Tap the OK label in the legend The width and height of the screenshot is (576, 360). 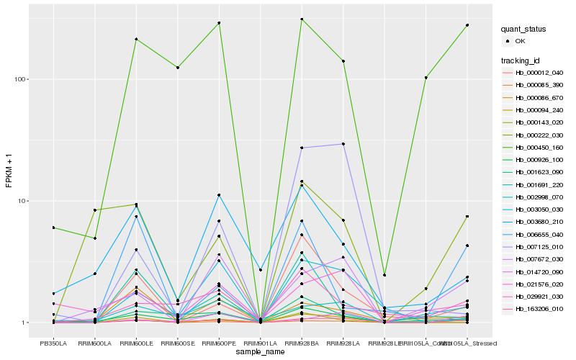(x=521, y=41)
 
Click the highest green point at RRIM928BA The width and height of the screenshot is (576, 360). (x=302, y=19)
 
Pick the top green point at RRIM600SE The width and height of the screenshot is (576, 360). (x=177, y=68)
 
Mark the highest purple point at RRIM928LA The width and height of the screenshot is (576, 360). (x=343, y=144)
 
